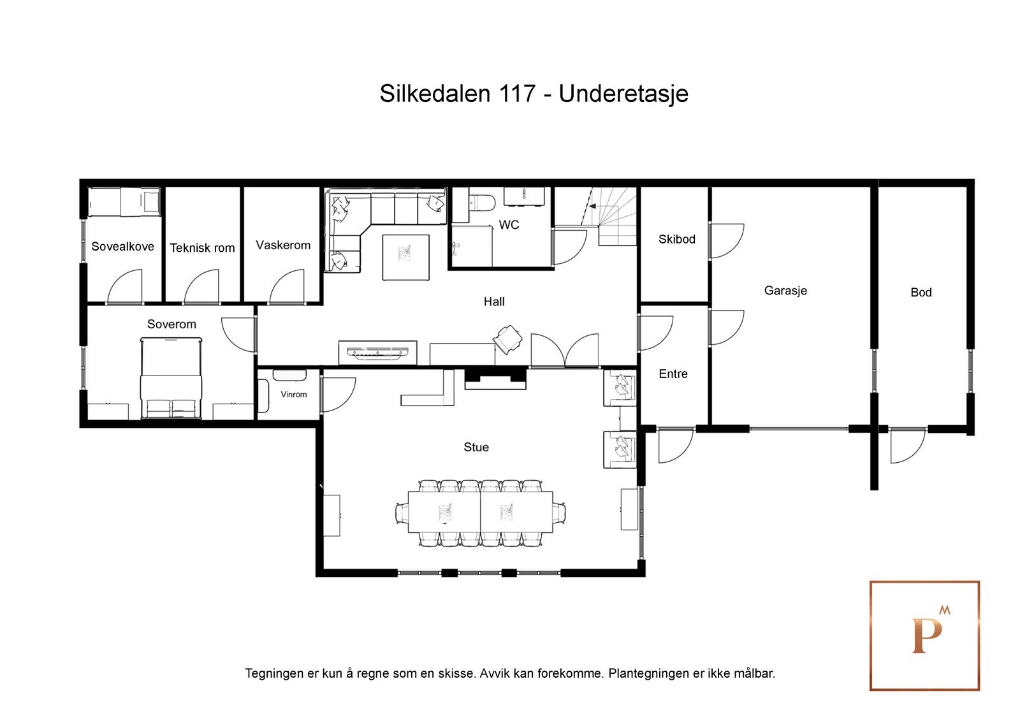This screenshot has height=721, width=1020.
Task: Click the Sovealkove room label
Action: [122, 247]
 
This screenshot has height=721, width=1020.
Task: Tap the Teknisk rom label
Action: [202, 248]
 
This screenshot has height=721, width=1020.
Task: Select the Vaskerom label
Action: [283, 245]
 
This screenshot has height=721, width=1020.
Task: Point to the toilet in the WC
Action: [482, 201]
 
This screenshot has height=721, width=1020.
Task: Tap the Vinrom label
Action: [293, 395]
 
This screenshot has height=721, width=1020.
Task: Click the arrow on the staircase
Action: [592, 207]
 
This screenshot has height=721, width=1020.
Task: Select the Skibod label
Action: [676, 240]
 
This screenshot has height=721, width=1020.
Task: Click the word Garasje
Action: [785, 291]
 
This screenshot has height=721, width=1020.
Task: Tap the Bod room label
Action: [921, 293]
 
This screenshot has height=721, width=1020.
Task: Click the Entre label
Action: [673, 374]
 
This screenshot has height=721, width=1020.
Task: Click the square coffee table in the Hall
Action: [405, 257]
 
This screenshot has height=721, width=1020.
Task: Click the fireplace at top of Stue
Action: [495, 379]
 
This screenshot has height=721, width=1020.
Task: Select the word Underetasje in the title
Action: [623, 94]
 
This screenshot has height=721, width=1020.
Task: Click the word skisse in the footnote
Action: [453, 673]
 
